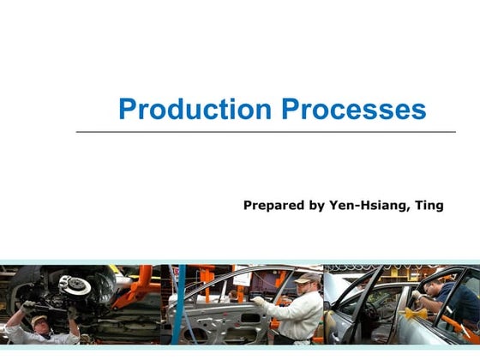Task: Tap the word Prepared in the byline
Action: pyautogui.click(x=273, y=205)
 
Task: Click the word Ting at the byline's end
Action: pyautogui.click(x=429, y=205)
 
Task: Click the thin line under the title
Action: pyautogui.click(x=266, y=132)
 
